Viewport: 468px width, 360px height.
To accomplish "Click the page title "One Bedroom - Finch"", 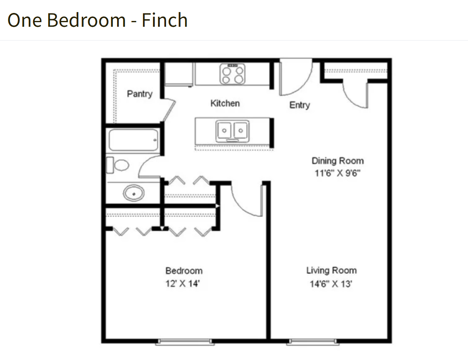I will tap(97, 20).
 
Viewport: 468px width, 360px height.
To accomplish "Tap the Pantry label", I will tap(140, 94).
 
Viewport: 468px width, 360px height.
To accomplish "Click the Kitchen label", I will tap(225, 103).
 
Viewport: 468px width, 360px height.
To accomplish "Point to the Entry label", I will tap(299, 105).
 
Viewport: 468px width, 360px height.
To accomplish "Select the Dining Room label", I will tap(338, 161).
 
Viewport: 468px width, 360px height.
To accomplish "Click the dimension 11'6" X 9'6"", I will tap(338, 173).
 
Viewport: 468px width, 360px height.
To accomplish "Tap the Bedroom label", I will tap(184, 271).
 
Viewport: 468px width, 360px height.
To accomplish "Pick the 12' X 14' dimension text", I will tap(183, 284).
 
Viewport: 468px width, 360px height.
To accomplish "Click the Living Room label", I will tap(331, 271).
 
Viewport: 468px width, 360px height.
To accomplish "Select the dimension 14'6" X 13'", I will tap(331, 284).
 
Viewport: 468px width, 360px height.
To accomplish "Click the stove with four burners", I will tap(233, 74).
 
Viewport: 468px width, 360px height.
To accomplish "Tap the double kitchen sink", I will tap(233, 131).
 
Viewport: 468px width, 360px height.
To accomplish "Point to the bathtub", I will tap(134, 140).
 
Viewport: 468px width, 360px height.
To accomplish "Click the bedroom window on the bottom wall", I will tap(185, 342).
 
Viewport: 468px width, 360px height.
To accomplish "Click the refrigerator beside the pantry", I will tap(179, 74).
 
